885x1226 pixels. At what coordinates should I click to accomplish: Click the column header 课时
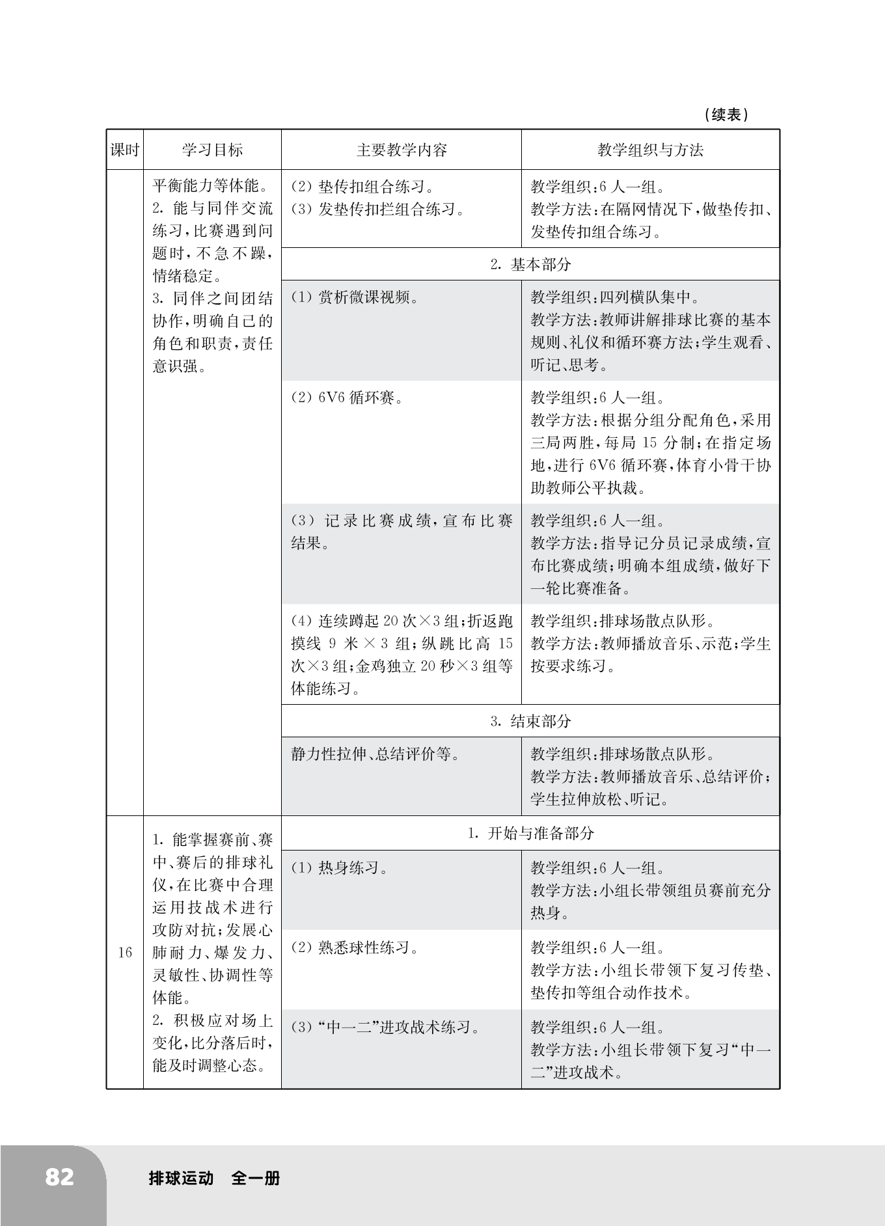pos(125,150)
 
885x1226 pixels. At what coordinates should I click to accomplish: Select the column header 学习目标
pos(212,150)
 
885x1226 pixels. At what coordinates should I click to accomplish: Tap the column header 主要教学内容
pos(402,150)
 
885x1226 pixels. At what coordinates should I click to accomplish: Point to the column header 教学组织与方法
pos(650,150)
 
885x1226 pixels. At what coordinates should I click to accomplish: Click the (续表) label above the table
pos(726,115)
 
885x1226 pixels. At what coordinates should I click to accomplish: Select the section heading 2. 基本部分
pos(530,264)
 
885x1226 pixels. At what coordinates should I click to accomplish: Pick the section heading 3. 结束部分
pos(530,721)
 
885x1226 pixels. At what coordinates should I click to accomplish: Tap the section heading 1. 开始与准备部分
pos(530,833)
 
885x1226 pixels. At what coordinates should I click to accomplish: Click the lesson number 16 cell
pos(125,953)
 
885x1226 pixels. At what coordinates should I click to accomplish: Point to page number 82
pos(59,1177)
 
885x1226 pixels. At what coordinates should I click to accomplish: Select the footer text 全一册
pos(256,1178)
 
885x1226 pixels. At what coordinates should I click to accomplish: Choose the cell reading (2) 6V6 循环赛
pos(347,398)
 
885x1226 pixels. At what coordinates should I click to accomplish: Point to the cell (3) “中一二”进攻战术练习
pos(385,1028)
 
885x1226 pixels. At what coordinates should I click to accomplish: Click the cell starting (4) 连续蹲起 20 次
pos(402,655)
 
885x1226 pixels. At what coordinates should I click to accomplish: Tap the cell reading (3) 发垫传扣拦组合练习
pos(377,210)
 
